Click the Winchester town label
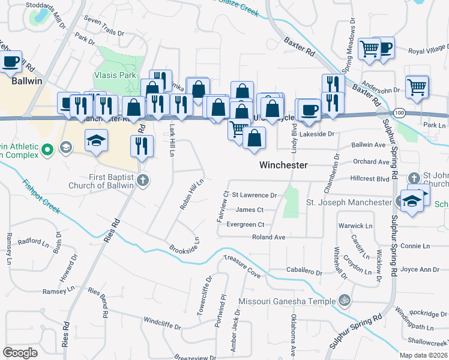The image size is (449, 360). [x=283, y=164]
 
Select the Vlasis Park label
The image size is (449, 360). [x=115, y=76]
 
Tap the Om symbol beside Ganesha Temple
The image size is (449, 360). [x=345, y=300]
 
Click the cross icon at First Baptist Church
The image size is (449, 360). [x=142, y=179]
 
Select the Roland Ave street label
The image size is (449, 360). [x=268, y=237]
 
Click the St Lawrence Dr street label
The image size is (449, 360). [x=254, y=195]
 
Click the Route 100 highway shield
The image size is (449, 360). [x=399, y=112]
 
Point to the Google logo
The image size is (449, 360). [x=20, y=353]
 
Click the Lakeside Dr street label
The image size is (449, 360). [x=318, y=134]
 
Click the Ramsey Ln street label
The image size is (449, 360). [x=58, y=291]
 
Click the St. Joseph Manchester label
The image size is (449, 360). [x=349, y=202]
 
